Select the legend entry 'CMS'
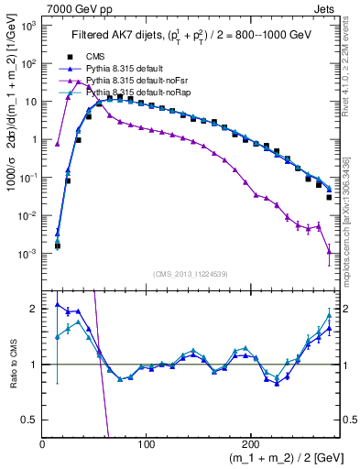coord(95,57)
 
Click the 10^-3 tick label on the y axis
coord(27,253)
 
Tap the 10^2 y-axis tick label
coord(28,63)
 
